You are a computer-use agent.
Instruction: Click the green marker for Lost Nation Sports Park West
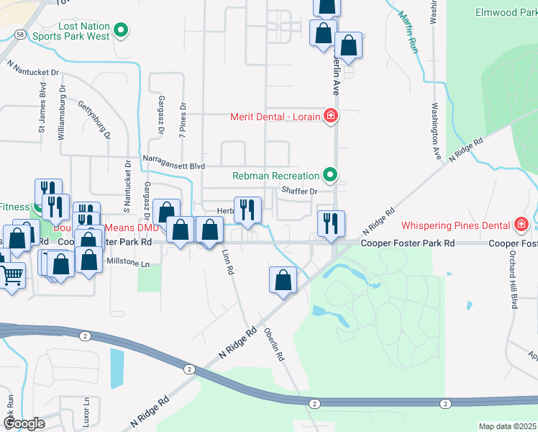click(122, 30)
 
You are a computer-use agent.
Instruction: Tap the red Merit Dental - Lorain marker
click(330, 116)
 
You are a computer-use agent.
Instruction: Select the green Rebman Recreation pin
click(330, 175)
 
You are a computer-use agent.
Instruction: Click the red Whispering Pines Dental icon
click(521, 225)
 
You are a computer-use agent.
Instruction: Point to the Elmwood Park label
click(506, 12)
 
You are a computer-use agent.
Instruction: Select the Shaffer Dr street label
click(299, 191)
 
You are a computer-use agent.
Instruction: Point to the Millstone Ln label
click(129, 264)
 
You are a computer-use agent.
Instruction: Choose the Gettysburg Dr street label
click(94, 119)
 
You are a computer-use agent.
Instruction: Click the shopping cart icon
click(12, 274)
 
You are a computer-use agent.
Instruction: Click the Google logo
click(24, 423)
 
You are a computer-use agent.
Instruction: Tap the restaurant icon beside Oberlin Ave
click(332, 222)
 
